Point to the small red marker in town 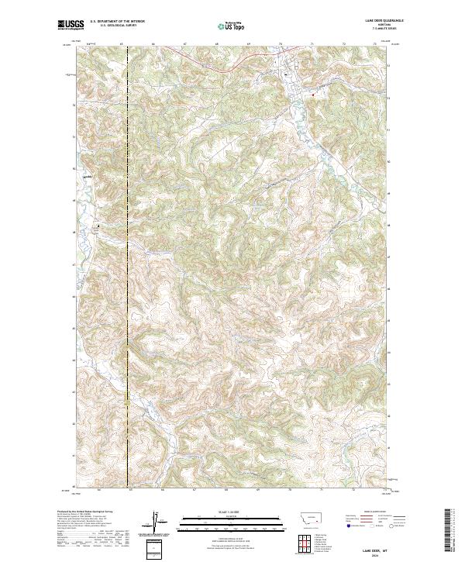point(313,95)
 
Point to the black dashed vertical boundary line point(127,271)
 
